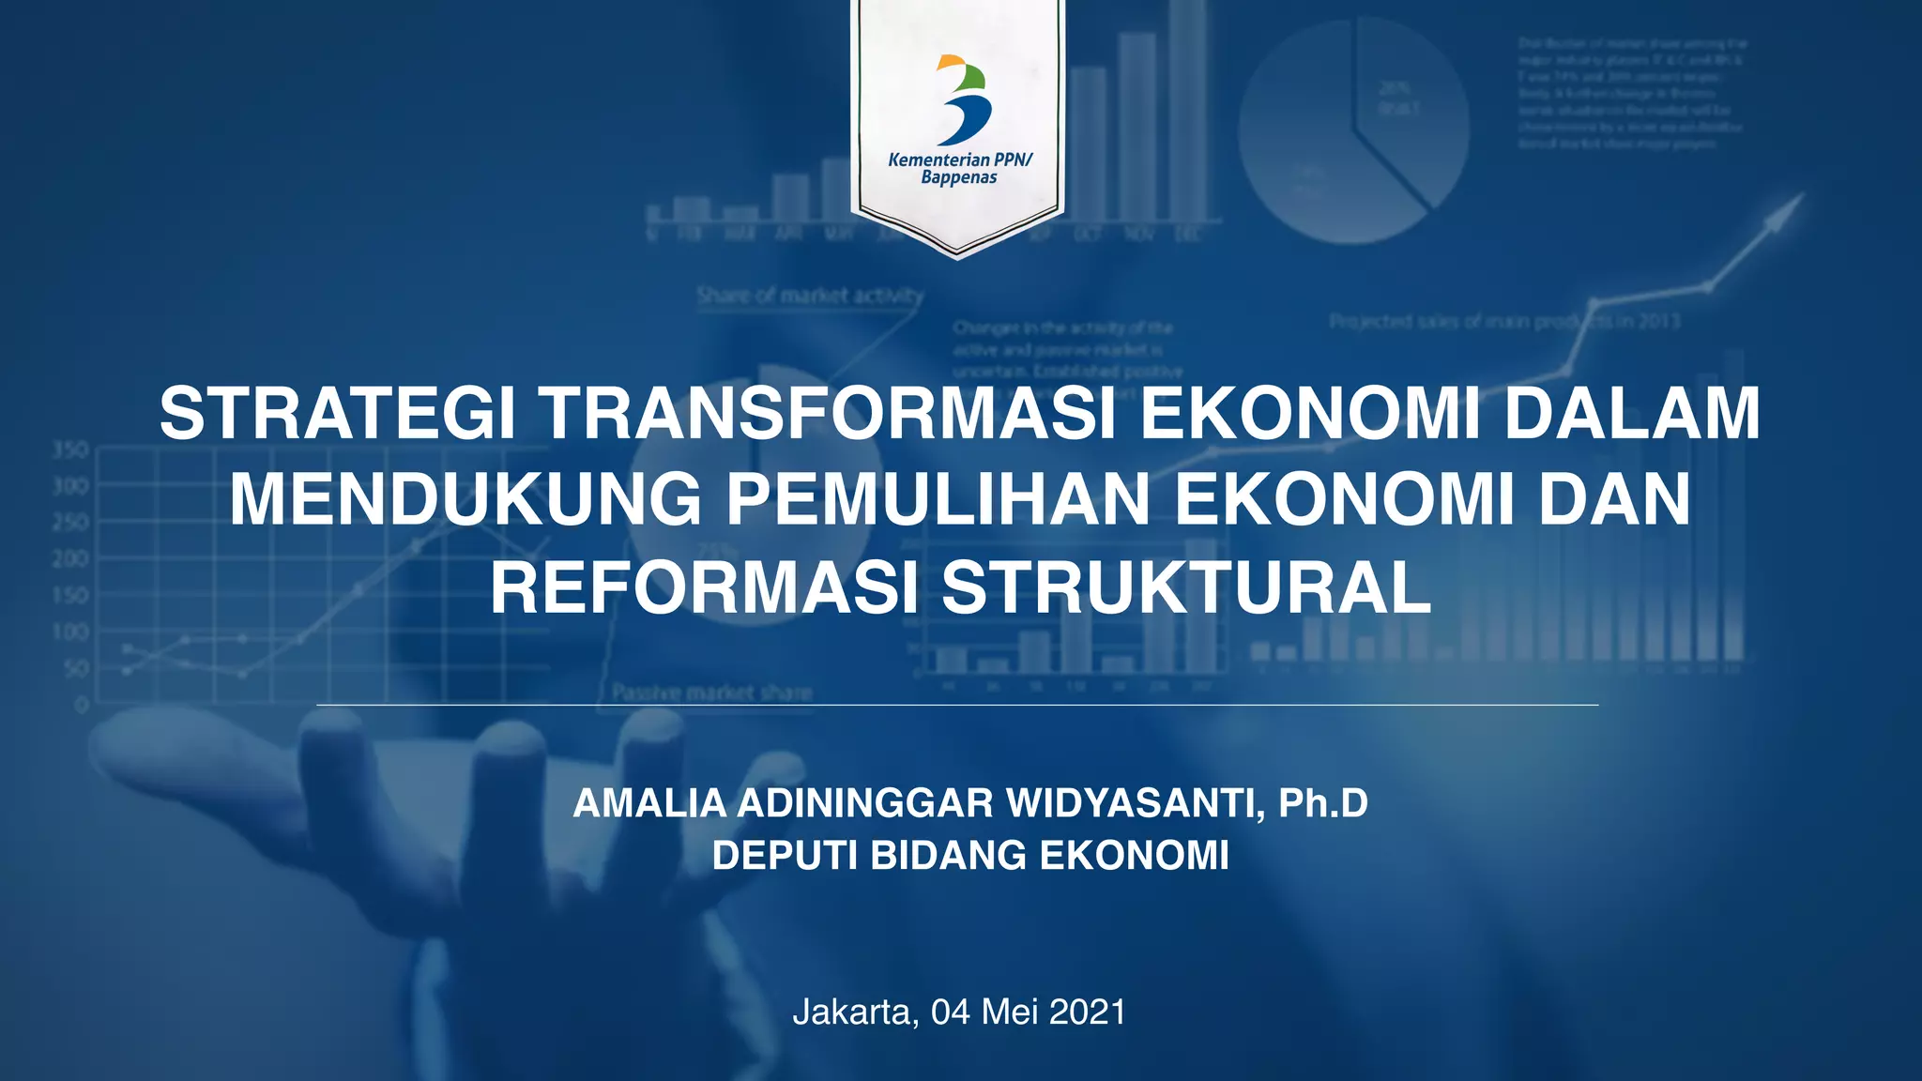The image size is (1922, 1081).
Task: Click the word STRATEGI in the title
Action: pyautogui.click(x=337, y=414)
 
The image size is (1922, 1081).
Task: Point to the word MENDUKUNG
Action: pyautogui.click(x=465, y=500)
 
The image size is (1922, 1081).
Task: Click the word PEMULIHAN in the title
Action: pyautogui.click(x=938, y=500)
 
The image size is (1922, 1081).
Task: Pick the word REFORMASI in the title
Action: pyautogui.click(x=704, y=588)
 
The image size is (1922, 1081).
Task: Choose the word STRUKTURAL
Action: pyautogui.click(x=1186, y=588)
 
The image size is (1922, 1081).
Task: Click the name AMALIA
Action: pyautogui.click(x=649, y=803)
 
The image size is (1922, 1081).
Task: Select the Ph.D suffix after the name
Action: pyautogui.click(x=1323, y=803)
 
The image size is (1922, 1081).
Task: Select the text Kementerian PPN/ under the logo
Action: pyautogui.click(x=959, y=160)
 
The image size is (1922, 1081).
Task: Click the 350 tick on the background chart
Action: pyautogui.click(x=70, y=449)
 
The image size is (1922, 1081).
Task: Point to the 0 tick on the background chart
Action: pyautogui.click(x=83, y=704)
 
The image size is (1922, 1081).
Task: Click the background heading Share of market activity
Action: pyautogui.click(x=810, y=296)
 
